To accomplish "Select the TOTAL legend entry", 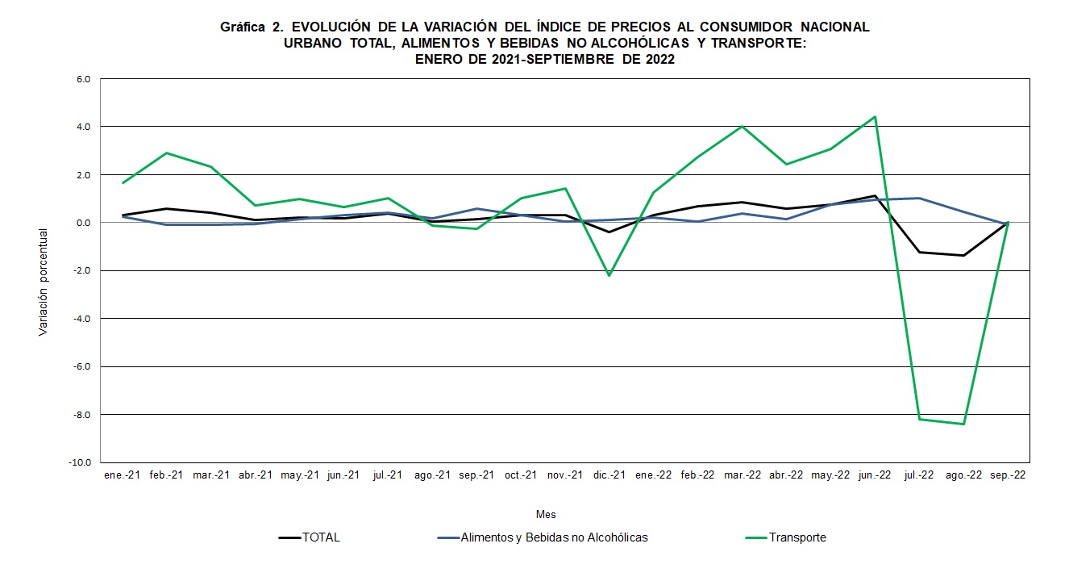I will point(320,537).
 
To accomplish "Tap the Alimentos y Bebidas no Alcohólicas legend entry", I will point(554,537).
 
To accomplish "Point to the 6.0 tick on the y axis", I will point(84,79).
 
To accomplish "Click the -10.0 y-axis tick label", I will point(81,462).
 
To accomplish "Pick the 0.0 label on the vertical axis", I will point(84,223).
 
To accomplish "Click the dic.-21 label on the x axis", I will point(609,475).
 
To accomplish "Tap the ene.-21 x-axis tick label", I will point(123,475).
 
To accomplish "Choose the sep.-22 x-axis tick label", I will point(1008,475).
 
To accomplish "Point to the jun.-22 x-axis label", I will point(875,475).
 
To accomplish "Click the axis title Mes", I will point(546,514).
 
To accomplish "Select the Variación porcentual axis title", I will point(44,282).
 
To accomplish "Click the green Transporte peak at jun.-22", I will point(875,117).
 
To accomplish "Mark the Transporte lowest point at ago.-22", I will point(963,424).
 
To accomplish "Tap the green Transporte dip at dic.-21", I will point(609,275).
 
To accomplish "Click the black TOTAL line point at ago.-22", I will point(963,255).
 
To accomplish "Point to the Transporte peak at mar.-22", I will point(742,127).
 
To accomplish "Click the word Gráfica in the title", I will point(243,27).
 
